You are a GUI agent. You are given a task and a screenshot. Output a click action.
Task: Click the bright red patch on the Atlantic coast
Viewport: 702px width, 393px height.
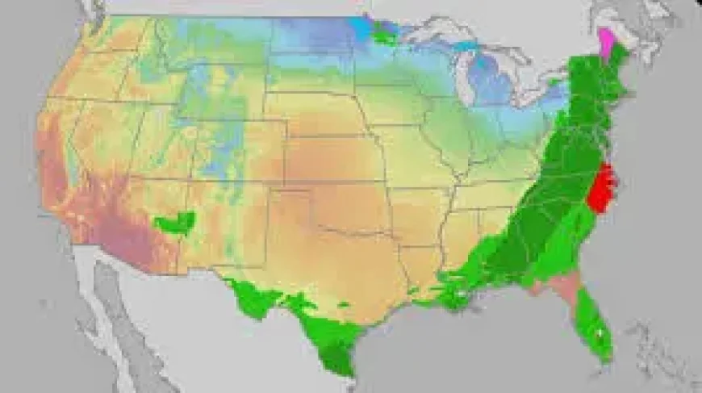600,187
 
